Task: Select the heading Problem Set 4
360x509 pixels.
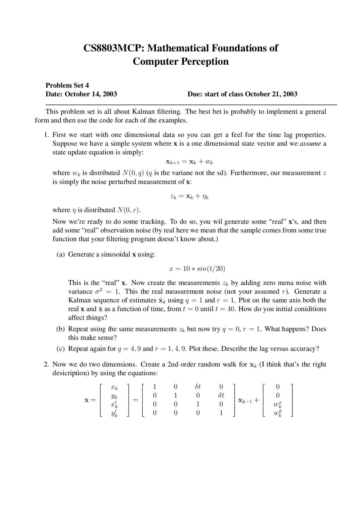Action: pos(67,85)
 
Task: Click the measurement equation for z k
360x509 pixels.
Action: pos(189,196)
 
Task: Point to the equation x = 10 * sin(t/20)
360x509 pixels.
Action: pos(197,269)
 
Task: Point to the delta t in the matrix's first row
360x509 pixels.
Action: pos(198,387)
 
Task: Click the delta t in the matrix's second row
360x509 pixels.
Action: pos(221,395)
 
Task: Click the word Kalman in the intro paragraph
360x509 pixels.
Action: pos(141,112)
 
